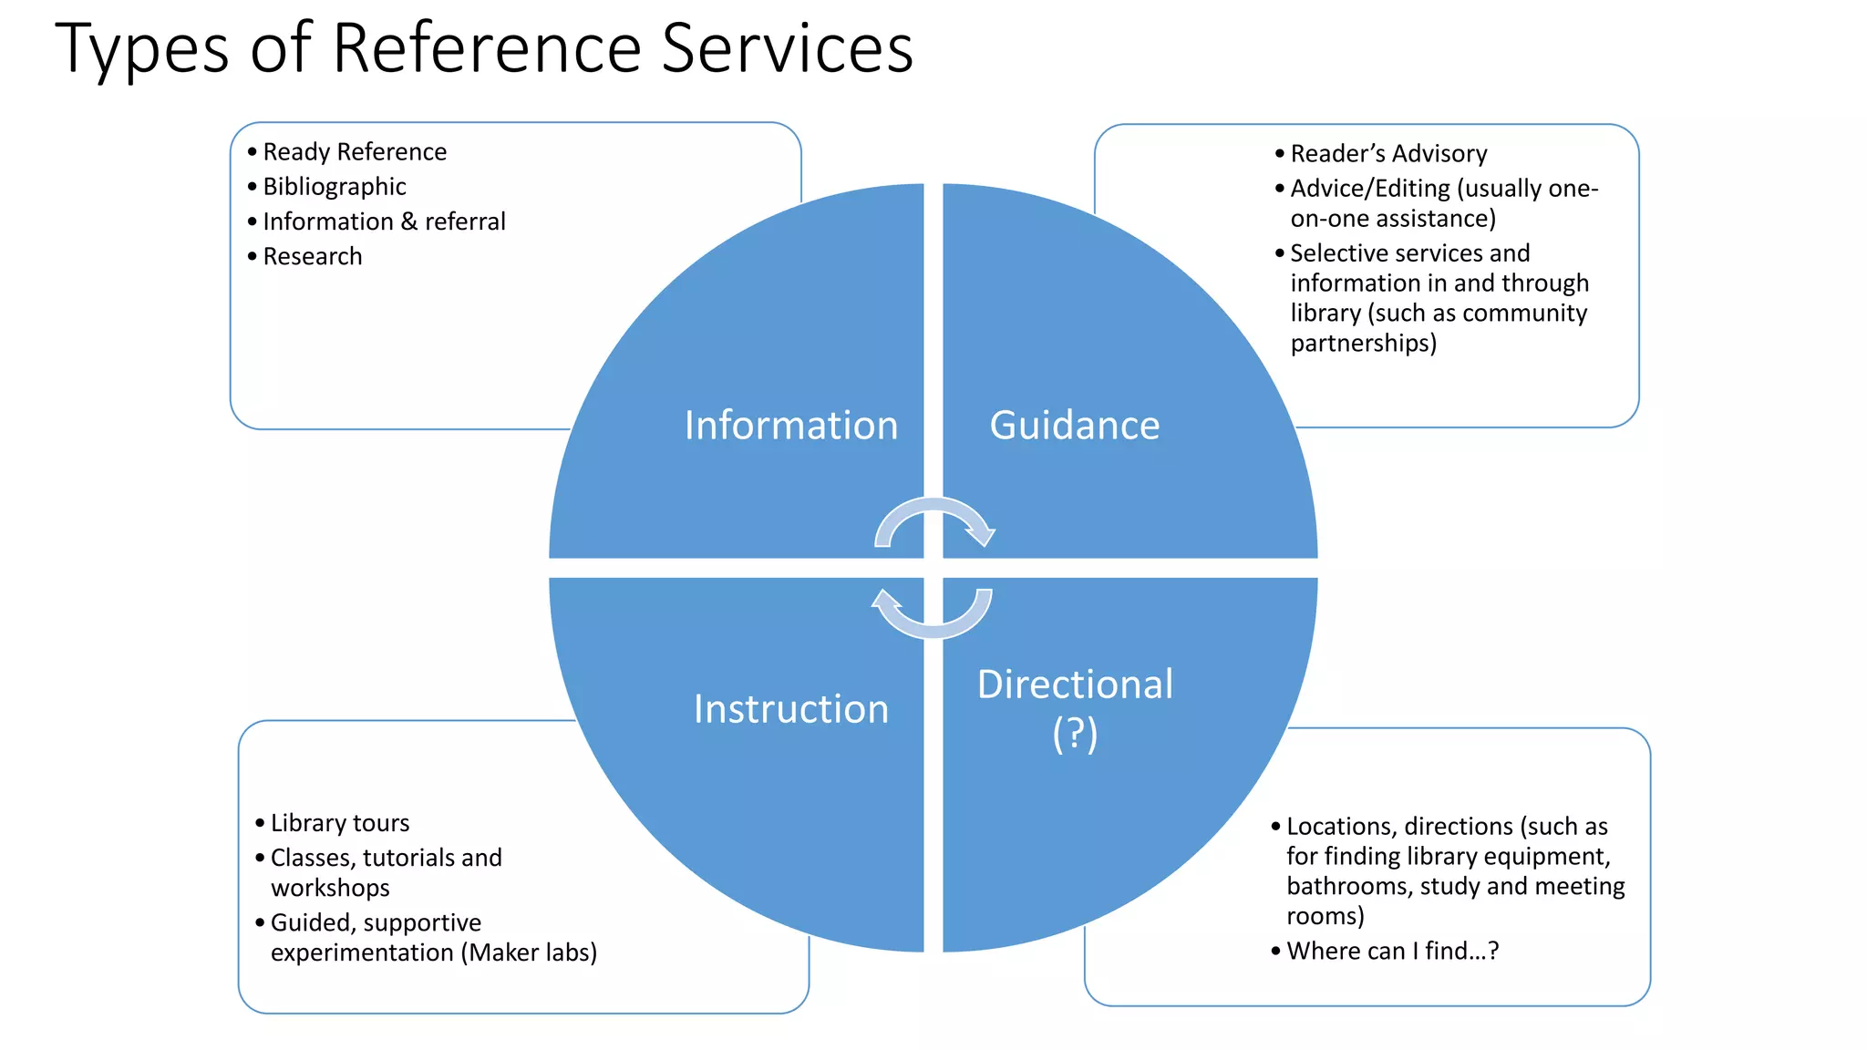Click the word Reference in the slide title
488,48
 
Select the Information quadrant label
791,426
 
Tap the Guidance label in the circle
1075,426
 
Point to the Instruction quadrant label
791,709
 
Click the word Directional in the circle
1075,685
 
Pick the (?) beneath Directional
1075,734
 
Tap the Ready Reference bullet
355,152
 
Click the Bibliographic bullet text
335,187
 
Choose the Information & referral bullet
384,221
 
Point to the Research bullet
313,257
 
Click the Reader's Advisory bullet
1388,154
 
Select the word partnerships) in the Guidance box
1363,344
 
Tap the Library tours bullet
340,823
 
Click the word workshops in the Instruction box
330,888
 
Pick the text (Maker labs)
529,952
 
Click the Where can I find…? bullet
1392,951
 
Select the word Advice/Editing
1370,189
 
